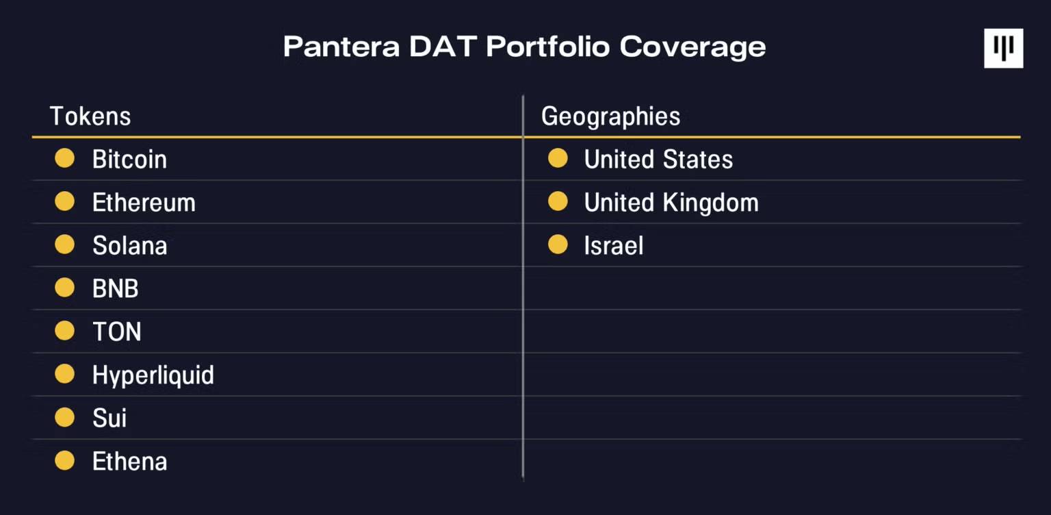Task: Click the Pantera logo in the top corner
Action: (1003, 48)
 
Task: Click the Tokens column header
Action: (90, 116)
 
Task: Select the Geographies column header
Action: (610, 116)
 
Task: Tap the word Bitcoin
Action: (129, 160)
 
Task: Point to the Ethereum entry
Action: (144, 203)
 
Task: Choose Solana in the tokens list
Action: (129, 246)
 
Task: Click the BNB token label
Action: (115, 289)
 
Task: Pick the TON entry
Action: (116, 332)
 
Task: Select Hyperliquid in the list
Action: (153, 375)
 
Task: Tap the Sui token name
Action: (109, 418)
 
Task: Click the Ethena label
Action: (129, 462)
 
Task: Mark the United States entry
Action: (658, 160)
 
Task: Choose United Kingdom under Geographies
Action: (671, 203)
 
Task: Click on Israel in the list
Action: (613, 246)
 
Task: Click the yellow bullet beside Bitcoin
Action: (64, 159)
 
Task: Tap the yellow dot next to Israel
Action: (558, 245)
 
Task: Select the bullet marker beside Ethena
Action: (64, 461)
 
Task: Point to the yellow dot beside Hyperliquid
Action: (64, 375)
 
